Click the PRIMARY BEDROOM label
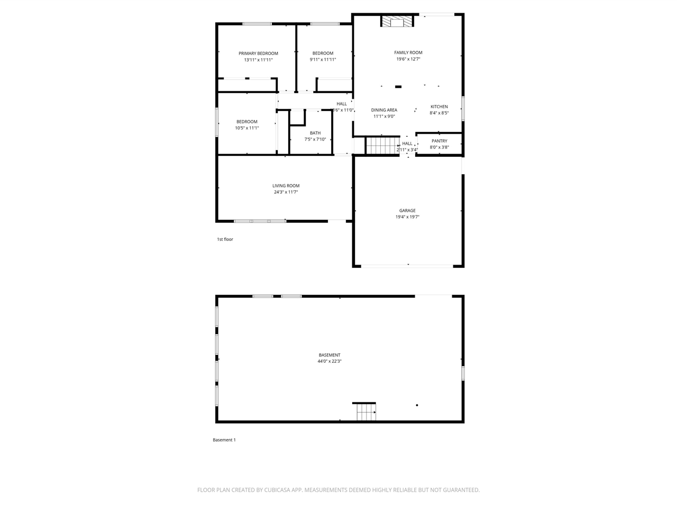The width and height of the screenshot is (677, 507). click(258, 53)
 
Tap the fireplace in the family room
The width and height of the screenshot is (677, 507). click(397, 22)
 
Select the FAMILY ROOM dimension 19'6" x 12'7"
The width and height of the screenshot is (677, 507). click(408, 59)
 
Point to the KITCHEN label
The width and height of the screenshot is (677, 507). click(439, 107)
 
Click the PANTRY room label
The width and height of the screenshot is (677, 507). click(439, 141)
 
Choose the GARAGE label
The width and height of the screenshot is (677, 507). click(407, 211)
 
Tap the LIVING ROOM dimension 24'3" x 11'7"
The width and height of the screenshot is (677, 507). click(286, 192)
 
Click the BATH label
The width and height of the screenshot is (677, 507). click(315, 133)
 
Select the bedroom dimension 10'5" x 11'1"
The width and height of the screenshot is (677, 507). click(247, 128)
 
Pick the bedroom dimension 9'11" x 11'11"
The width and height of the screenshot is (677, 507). click(323, 60)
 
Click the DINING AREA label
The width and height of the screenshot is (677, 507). click(384, 110)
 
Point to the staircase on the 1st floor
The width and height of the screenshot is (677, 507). click(381, 145)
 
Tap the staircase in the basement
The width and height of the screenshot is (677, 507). click(365, 412)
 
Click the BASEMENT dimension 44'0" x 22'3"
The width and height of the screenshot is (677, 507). click(330, 361)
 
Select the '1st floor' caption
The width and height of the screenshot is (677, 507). click(225, 239)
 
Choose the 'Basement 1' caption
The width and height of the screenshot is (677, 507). click(224, 440)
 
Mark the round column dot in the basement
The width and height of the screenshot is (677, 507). click(417, 405)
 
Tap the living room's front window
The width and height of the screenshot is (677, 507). click(260, 221)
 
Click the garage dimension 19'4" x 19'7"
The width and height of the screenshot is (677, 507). click(407, 217)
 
